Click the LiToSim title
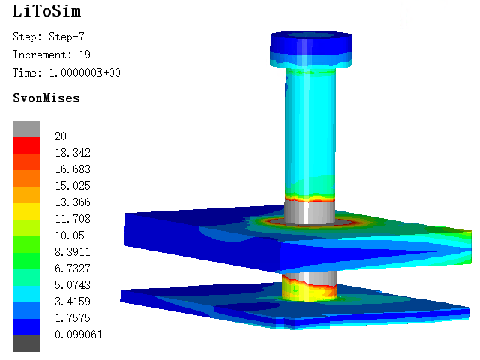pyautogui.click(x=46, y=11)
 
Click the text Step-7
pyautogui.click(x=67, y=37)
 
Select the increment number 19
pyautogui.click(x=85, y=55)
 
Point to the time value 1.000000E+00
pyautogui.click(x=85, y=73)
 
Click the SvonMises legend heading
pyautogui.click(x=46, y=98)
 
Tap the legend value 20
pyautogui.click(x=61, y=136)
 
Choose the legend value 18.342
pyautogui.click(x=73, y=153)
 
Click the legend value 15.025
pyautogui.click(x=73, y=186)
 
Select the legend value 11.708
pyautogui.click(x=73, y=219)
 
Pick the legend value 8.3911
pyautogui.click(x=73, y=252)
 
